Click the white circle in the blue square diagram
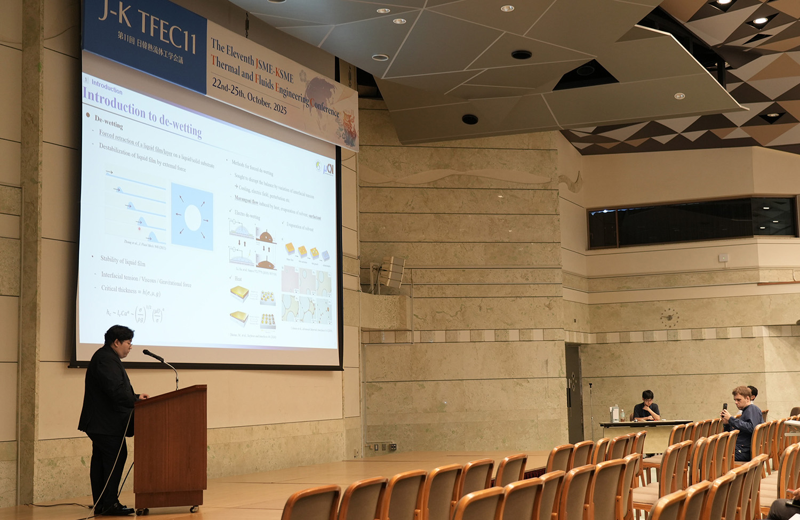(193, 218)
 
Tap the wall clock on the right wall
(669, 318)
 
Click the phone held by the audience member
(725, 408)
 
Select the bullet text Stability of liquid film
(123, 261)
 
